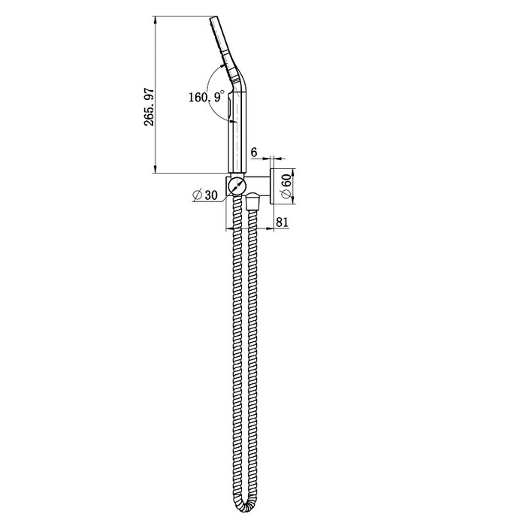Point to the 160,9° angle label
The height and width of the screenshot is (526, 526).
[x=204, y=96]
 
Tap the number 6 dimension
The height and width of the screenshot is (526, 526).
[x=254, y=153]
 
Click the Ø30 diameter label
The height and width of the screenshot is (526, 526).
[x=204, y=195]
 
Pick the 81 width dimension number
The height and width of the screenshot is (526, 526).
[x=283, y=222]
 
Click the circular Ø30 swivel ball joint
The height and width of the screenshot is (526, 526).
[x=237, y=184]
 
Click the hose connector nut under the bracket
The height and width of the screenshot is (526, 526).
[x=252, y=201]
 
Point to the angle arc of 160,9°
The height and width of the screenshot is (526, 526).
[x=217, y=75]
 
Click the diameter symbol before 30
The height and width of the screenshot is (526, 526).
[x=196, y=195]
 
